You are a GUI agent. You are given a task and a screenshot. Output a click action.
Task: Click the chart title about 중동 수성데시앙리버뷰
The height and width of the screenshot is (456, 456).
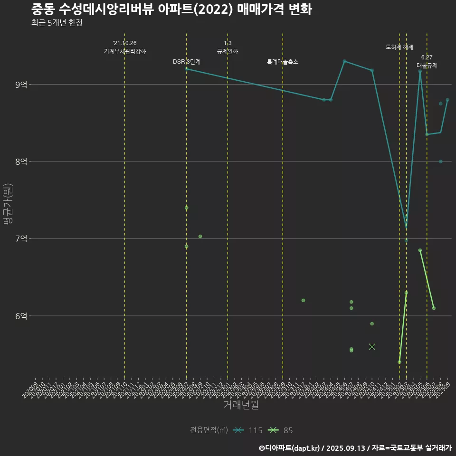[x=171, y=9]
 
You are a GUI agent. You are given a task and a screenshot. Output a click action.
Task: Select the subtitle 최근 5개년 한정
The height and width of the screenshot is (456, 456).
[x=56, y=23]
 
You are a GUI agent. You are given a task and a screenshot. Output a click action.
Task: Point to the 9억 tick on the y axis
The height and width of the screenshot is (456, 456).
[x=21, y=85]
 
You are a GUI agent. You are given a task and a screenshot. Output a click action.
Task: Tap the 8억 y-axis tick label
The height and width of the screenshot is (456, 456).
[x=21, y=161]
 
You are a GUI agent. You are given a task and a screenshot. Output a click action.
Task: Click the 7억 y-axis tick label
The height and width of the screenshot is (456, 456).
[x=21, y=238]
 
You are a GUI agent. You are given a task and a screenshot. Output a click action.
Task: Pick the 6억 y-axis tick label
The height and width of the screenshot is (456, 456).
[x=21, y=316]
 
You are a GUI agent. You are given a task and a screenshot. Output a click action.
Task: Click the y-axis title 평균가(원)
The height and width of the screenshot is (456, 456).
[x=8, y=205]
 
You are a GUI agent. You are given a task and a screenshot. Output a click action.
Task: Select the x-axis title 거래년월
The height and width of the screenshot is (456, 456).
[x=241, y=405]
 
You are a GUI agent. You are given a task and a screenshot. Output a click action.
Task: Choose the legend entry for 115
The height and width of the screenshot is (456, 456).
[x=248, y=430]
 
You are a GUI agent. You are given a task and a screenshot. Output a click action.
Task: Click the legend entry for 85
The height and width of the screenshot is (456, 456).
[x=281, y=430]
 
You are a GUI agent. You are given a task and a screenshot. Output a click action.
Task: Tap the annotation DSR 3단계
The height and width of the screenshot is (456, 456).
[x=187, y=62]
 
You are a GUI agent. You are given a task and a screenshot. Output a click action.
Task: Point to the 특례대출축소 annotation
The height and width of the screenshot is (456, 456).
[x=283, y=62]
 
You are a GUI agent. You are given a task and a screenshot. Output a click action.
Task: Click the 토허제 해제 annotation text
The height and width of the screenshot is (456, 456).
[x=399, y=47]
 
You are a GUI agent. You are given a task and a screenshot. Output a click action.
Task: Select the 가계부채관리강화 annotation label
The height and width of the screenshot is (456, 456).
[x=125, y=51]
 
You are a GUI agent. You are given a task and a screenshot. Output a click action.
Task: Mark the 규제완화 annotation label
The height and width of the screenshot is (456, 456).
[x=228, y=51]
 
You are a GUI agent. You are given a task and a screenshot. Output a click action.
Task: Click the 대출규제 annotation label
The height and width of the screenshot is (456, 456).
[x=427, y=66]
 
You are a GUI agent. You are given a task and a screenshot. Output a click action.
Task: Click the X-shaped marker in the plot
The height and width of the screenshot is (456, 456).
[x=372, y=347]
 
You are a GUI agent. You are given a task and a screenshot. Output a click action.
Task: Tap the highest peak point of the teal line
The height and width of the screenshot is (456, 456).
[x=344, y=61]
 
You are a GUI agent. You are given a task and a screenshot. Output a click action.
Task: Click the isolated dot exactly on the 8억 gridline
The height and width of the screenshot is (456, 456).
[x=441, y=161]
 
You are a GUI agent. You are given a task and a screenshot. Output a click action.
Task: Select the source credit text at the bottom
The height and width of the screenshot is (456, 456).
[x=355, y=447]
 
